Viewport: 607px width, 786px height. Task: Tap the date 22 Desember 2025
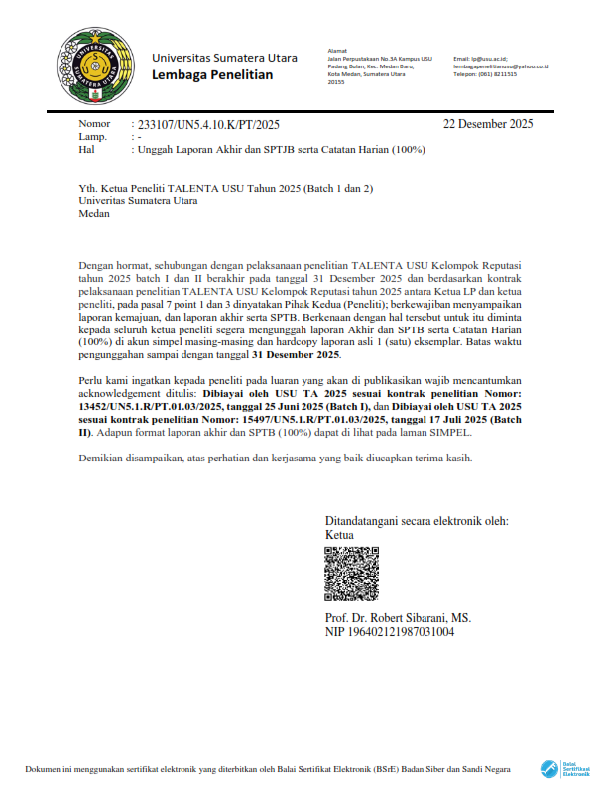pos(488,124)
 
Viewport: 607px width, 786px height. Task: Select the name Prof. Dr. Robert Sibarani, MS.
pos(398,617)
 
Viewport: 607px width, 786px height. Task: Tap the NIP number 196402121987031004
pos(390,631)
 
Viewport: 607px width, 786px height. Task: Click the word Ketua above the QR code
pos(339,535)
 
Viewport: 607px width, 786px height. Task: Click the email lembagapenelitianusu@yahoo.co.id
pos(501,66)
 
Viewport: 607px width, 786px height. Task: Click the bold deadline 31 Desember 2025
pos(296,354)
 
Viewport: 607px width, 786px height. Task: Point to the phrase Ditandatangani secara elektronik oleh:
pos(417,521)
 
